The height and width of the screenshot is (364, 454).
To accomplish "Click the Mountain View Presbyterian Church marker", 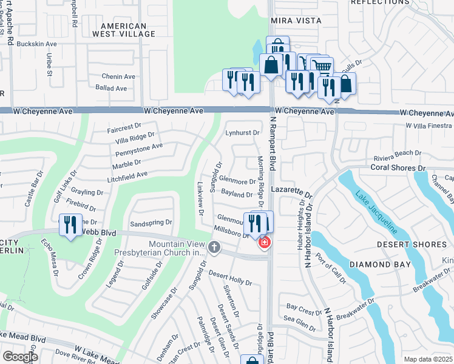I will [x=214, y=247].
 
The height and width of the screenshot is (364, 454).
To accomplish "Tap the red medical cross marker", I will [x=264, y=243].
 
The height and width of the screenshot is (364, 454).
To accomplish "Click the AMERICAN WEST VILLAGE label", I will [x=124, y=30].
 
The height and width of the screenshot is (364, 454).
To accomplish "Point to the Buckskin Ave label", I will [x=36, y=44].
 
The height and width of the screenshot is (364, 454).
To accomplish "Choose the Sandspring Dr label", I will [x=151, y=223].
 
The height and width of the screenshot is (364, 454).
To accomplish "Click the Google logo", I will [x=20, y=357].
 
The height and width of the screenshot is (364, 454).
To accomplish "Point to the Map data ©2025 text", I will [x=429, y=359].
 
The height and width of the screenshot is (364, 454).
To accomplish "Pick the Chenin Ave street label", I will [x=118, y=77].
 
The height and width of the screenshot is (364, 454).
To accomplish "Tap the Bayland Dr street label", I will [x=237, y=195].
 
